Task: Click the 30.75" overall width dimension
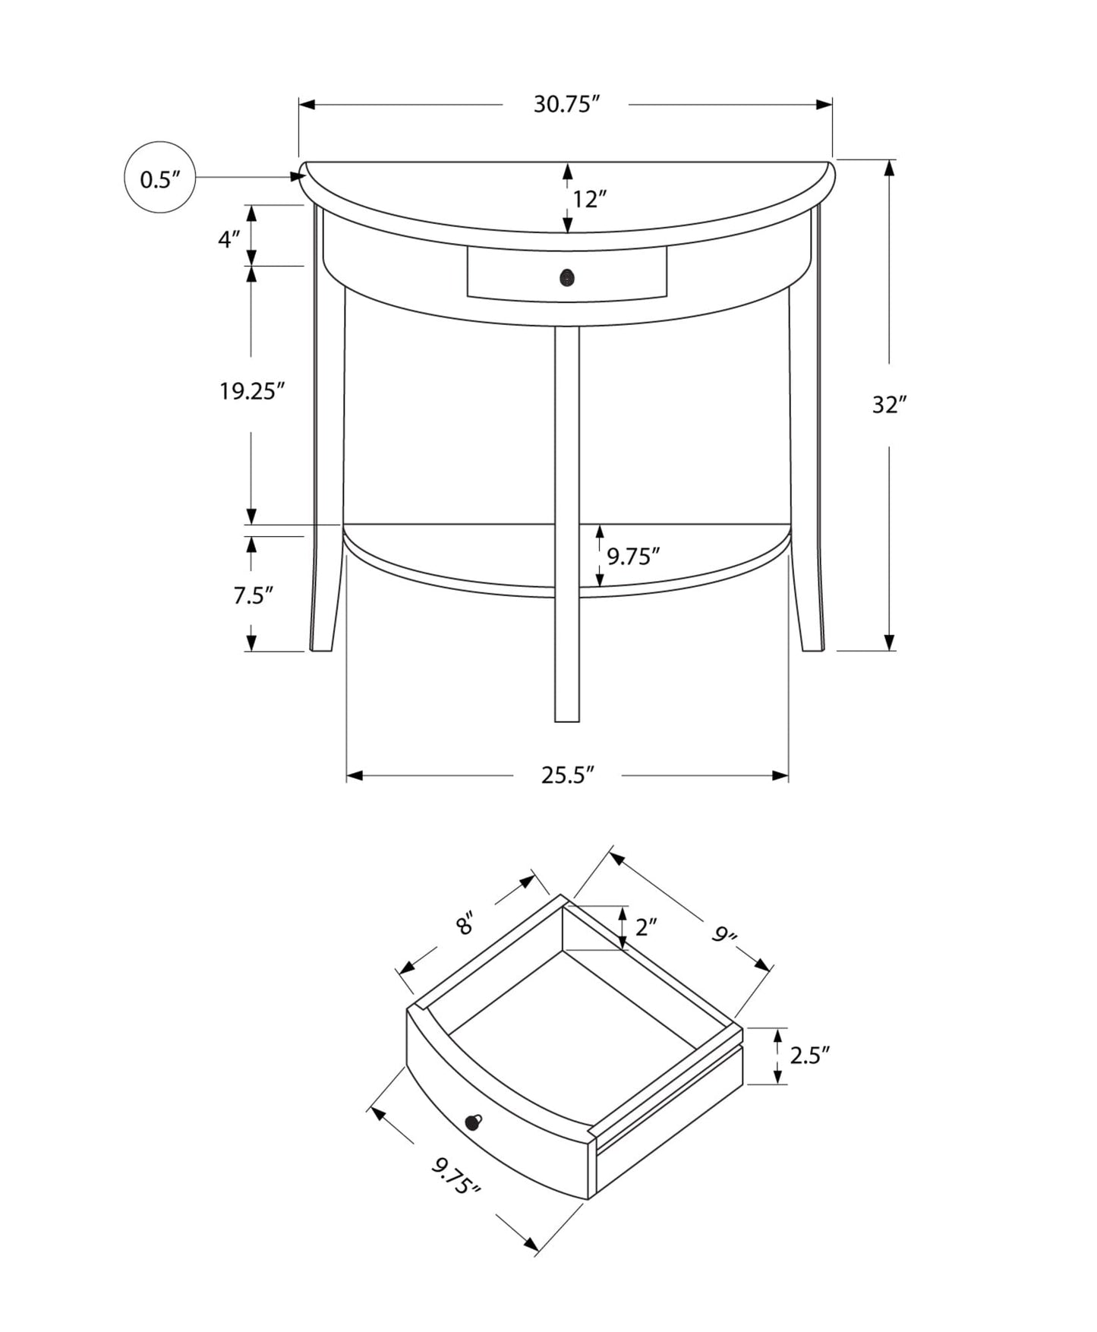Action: tap(566, 104)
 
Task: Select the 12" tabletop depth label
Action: tap(589, 200)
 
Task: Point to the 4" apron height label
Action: tap(229, 239)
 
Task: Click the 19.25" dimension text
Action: tap(251, 392)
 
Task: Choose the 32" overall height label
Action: tap(889, 406)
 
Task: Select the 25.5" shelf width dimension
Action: tap(566, 775)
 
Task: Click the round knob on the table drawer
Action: tap(566, 278)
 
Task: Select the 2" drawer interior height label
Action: tap(645, 927)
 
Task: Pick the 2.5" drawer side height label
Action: tap(809, 1056)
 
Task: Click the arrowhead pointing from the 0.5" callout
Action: tap(298, 177)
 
